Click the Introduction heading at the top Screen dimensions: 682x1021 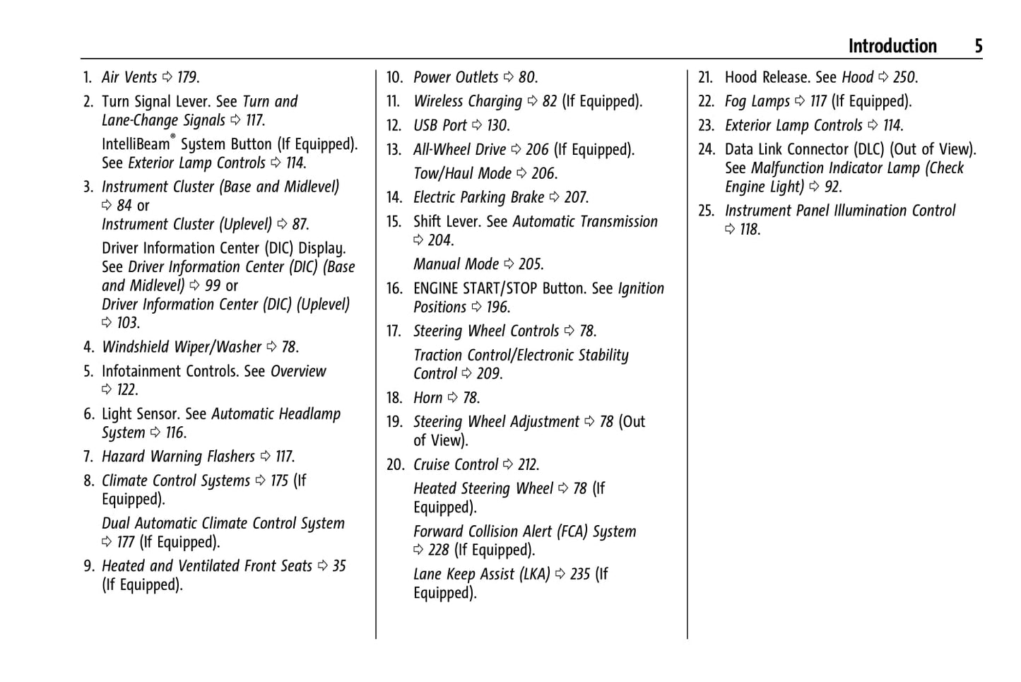click(x=892, y=47)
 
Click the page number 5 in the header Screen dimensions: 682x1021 click(x=978, y=47)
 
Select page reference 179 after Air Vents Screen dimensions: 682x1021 click(x=187, y=78)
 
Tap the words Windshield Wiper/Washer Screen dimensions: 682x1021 click(x=182, y=347)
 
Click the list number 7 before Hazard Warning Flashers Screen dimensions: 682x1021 click(x=88, y=457)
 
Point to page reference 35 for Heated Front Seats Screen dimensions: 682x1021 click(x=339, y=566)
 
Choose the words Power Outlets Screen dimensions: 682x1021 click(x=456, y=78)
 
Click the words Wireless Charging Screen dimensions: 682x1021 click(x=468, y=102)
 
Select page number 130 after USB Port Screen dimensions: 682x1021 click(x=497, y=126)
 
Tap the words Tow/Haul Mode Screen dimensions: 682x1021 click(x=462, y=174)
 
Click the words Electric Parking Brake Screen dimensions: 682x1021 click(x=478, y=198)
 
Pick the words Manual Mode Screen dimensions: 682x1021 click(x=456, y=264)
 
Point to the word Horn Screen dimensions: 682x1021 click(x=427, y=398)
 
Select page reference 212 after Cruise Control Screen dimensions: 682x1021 click(x=528, y=465)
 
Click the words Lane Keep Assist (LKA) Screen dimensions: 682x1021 click(x=481, y=575)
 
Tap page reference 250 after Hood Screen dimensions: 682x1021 click(x=904, y=78)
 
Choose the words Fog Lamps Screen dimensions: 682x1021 click(x=757, y=102)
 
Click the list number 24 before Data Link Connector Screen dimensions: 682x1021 click(x=707, y=150)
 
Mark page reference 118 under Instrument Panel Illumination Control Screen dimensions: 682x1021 click(x=750, y=230)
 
